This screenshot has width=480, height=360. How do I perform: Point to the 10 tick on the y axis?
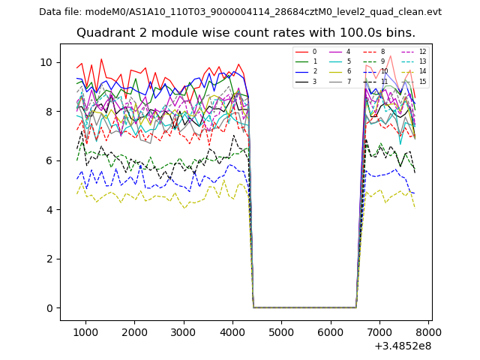(49, 62)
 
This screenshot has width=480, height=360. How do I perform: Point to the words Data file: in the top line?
(61, 12)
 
